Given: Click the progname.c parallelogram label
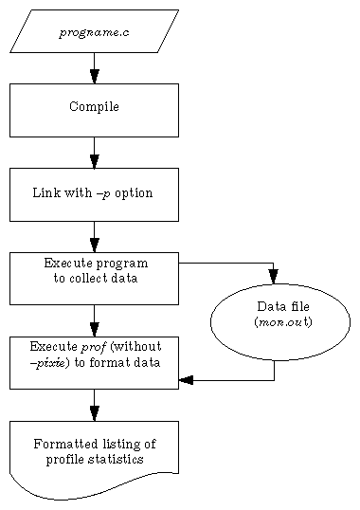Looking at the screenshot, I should point(94,32).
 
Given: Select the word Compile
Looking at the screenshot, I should point(94,107).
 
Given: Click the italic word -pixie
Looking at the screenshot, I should point(49,362).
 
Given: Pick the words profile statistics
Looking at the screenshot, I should point(94,459).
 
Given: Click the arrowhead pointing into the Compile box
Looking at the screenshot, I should point(94,76).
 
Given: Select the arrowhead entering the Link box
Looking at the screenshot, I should point(94,160).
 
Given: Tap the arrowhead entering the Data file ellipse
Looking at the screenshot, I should point(274,276).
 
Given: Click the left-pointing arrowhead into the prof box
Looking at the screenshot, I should point(186,380).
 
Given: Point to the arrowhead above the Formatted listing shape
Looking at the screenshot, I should point(94,413).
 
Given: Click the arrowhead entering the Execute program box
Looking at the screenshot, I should point(94,245).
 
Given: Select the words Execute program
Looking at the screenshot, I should point(94,264).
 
